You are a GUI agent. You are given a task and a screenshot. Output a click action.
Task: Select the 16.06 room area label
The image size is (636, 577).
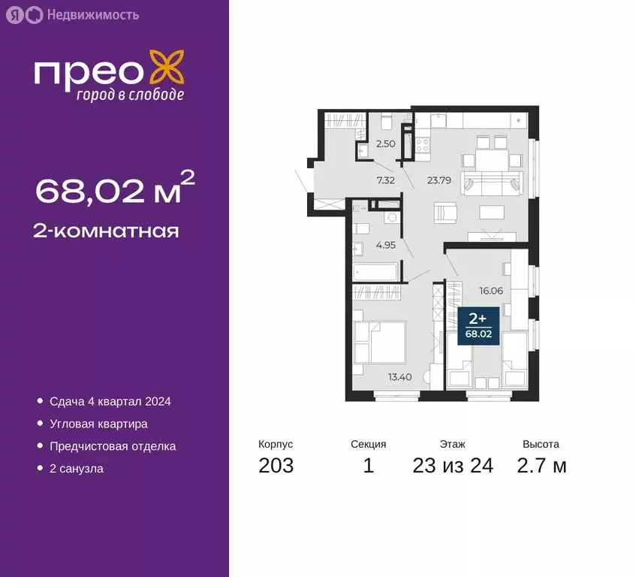(490, 287)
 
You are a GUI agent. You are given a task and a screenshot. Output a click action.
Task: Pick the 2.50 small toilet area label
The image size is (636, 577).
(386, 143)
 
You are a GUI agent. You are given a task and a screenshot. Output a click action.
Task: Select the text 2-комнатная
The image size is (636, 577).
(106, 231)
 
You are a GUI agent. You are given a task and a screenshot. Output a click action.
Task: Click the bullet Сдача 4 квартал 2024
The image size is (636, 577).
(110, 401)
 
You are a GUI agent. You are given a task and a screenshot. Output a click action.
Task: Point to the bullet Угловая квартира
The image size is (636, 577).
(98, 424)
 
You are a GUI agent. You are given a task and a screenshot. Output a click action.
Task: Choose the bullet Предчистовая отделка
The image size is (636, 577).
(113, 446)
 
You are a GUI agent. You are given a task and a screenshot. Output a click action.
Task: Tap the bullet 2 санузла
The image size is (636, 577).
(76, 469)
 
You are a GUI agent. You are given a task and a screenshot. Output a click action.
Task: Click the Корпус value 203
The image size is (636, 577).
(276, 466)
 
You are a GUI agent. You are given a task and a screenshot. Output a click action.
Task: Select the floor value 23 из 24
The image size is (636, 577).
(453, 466)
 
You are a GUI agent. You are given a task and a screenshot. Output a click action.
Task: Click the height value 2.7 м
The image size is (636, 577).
(541, 466)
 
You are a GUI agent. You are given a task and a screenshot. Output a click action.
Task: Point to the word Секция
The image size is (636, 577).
(368, 444)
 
